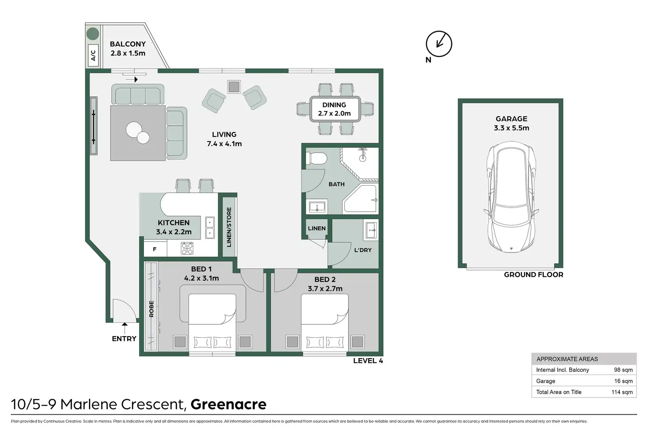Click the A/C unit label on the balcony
tap(93, 55)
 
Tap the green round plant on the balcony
tap(92, 33)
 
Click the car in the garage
tap(511, 197)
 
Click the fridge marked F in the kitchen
tap(155, 249)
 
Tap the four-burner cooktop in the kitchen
tap(187, 248)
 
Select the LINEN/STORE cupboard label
tap(229, 227)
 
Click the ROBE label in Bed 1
tap(151, 308)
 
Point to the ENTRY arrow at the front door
tap(125, 329)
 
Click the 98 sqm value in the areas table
tap(623, 370)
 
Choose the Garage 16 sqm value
tap(623, 381)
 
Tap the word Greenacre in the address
tap(228, 404)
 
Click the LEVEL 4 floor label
tap(368, 361)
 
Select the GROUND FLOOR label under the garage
tap(534, 275)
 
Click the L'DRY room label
tap(363, 250)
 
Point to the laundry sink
tap(371, 230)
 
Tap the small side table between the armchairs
tap(234, 87)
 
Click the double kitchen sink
tap(210, 228)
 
